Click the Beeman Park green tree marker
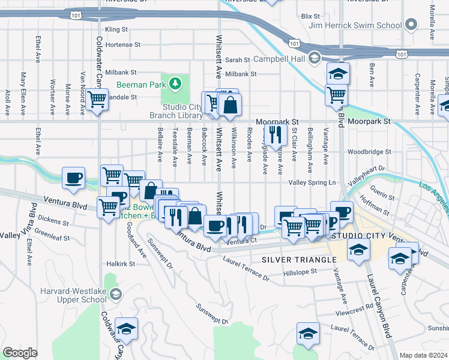175,83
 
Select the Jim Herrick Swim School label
355,25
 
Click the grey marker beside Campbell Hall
314,58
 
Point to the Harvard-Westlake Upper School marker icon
115,293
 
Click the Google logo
20,353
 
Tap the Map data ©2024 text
423,355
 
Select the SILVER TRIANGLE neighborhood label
298,259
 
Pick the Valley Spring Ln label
310,182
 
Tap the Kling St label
116,29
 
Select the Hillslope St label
304,272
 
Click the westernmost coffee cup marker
74,178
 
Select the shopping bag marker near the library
231,105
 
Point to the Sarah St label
238,60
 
